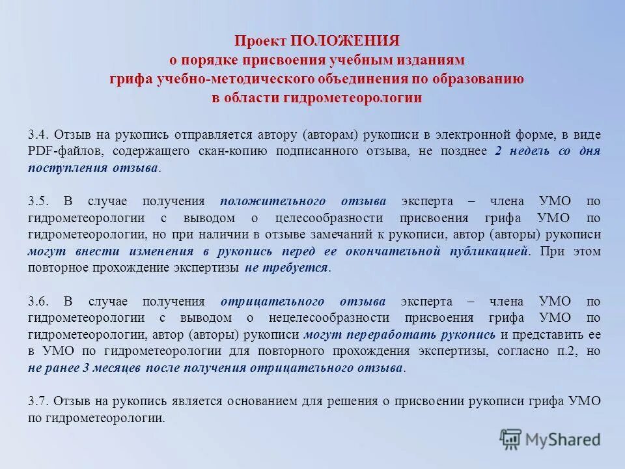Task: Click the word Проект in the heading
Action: (x=260, y=41)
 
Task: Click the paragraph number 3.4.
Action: (x=37, y=134)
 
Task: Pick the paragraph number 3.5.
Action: (x=37, y=201)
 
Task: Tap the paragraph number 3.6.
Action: (x=37, y=302)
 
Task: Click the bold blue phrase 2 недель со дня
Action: (x=547, y=150)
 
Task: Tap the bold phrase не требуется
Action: (x=287, y=268)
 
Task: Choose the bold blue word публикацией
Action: (x=488, y=251)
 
